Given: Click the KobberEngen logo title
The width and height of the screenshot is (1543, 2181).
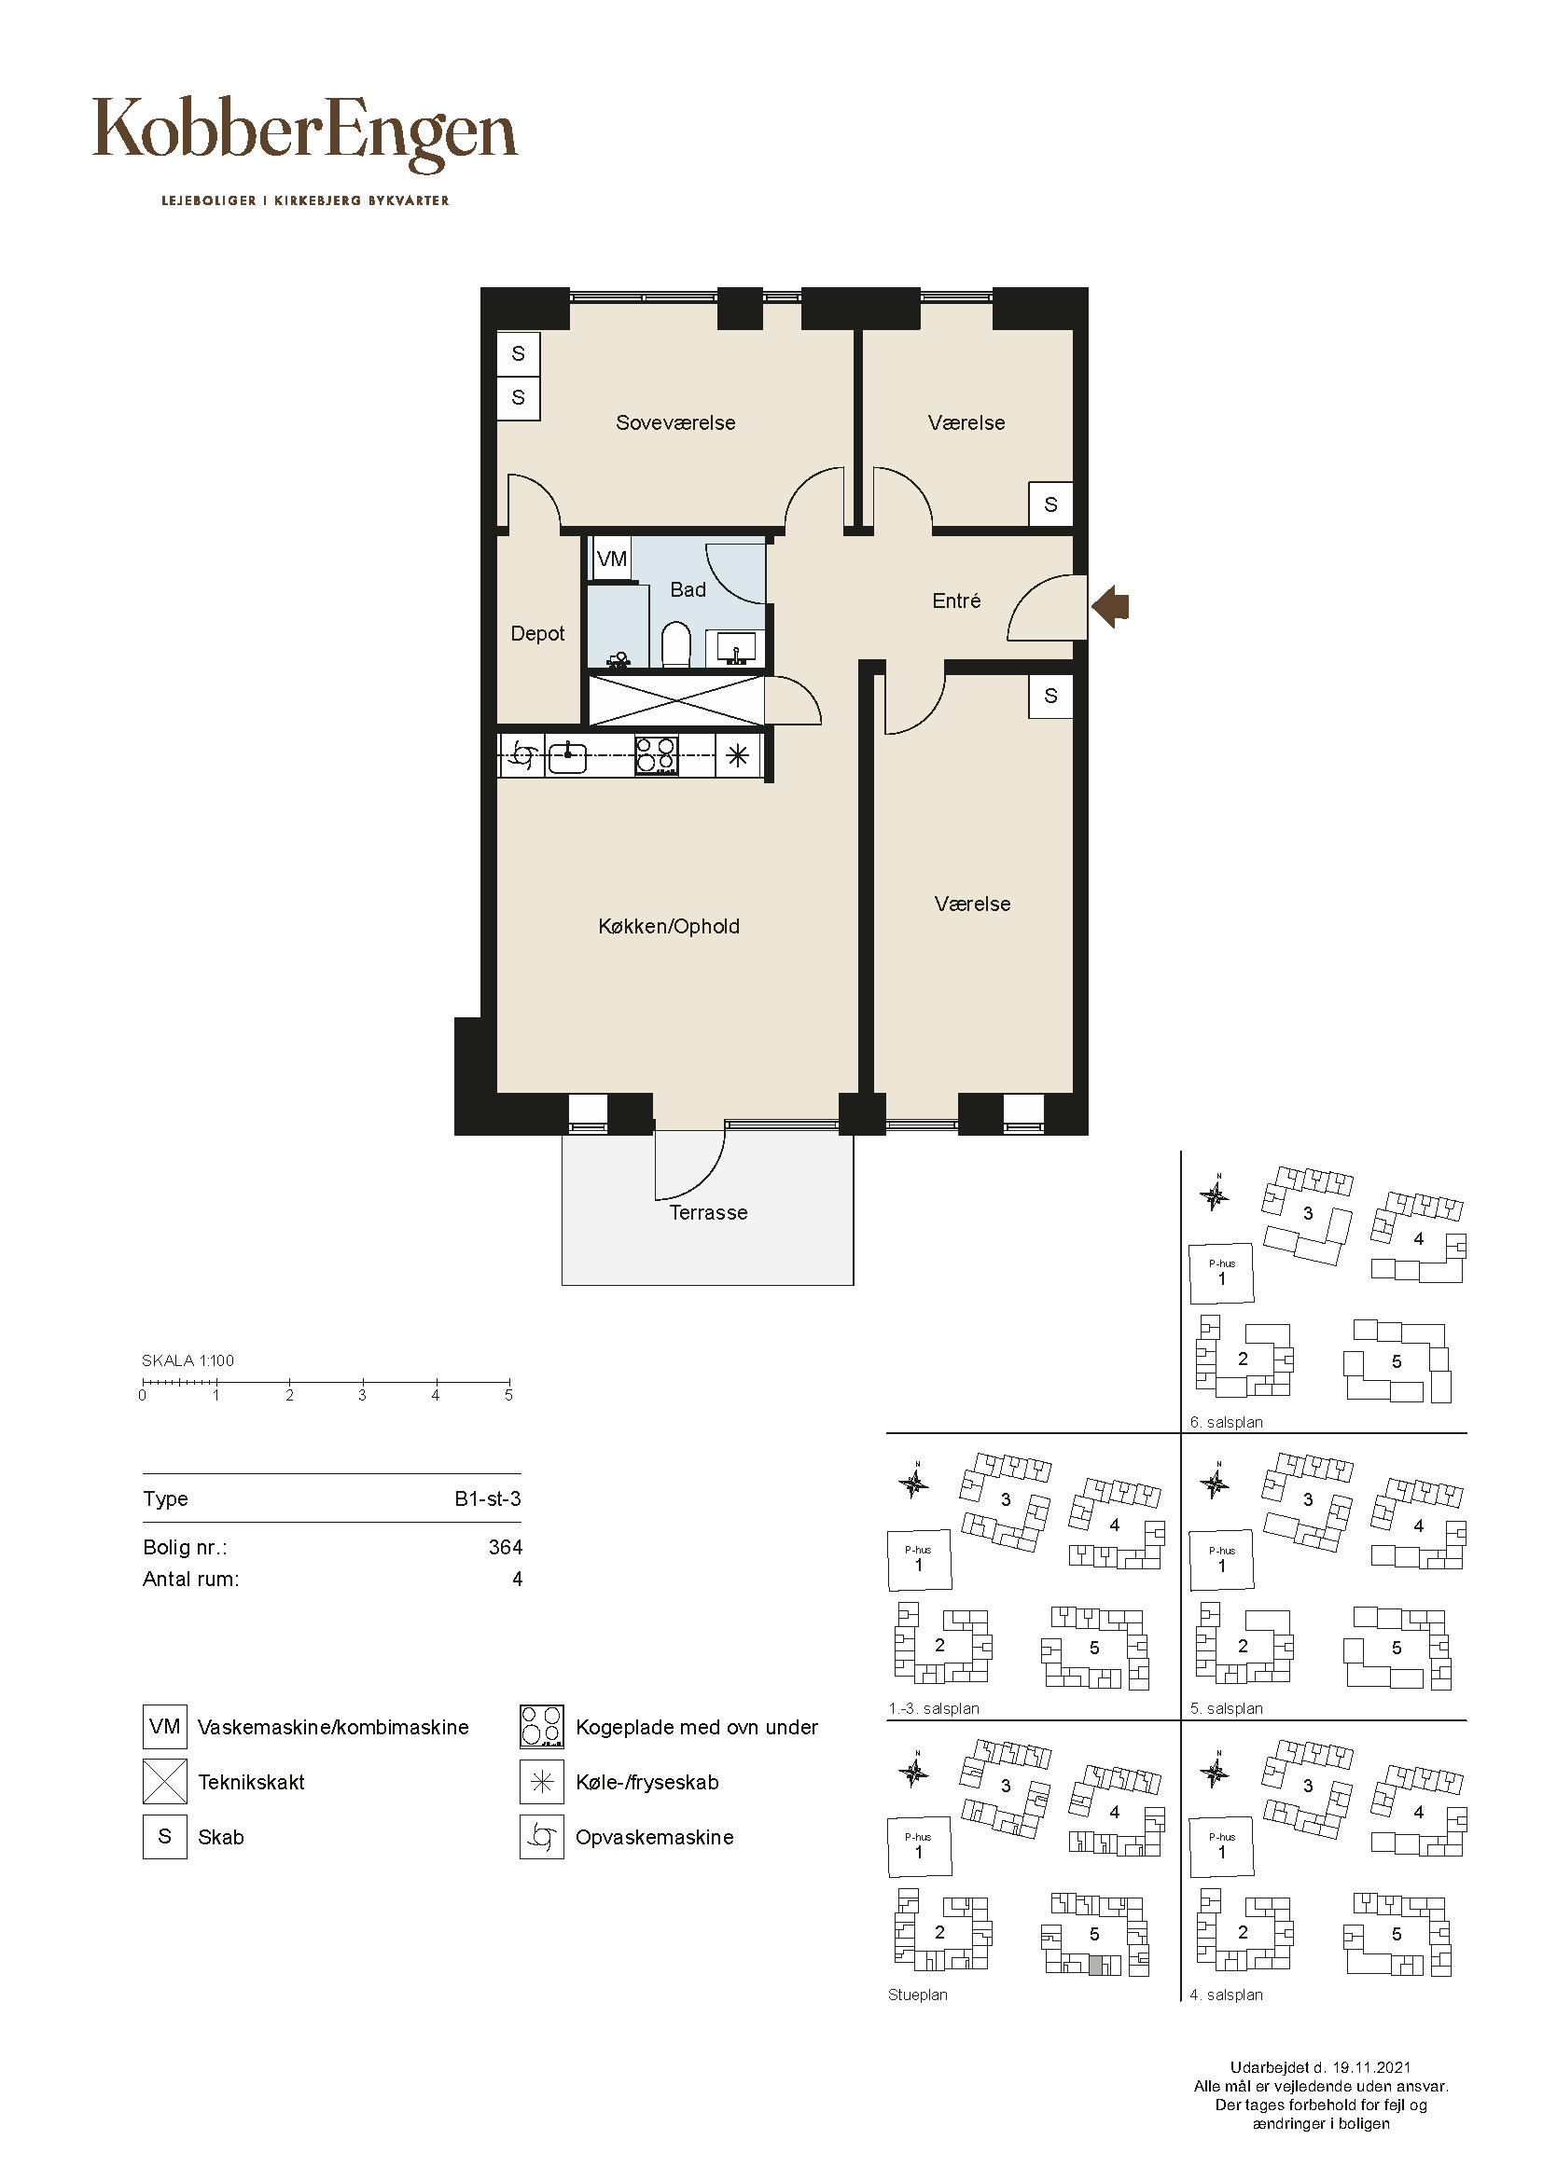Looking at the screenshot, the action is click(x=305, y=134).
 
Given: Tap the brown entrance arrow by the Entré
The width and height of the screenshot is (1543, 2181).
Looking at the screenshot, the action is click(x=1110, y=605).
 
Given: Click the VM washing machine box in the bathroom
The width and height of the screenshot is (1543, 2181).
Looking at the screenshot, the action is click(x=612, y=559).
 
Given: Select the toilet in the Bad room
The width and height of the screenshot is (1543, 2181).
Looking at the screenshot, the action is click(x=675, y=645).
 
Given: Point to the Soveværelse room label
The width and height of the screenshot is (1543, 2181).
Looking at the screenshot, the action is click(x=675, y=422).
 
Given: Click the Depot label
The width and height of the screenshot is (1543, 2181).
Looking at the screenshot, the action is click(x=537, y=633).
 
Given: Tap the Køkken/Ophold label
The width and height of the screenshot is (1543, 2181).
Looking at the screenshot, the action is click(x=669, y=926).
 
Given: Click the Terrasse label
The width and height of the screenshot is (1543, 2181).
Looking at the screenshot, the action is click(x=709, y=1213).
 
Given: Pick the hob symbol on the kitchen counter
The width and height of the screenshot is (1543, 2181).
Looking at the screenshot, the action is click(x=656, y=756).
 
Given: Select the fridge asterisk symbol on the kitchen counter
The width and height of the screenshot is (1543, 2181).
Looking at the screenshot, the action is click(x=738, y=756).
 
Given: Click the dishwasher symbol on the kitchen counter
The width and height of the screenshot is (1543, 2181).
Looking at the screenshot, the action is click(x=521, y=756).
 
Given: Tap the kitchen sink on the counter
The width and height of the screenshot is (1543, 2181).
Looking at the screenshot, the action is click(x=567, y=757).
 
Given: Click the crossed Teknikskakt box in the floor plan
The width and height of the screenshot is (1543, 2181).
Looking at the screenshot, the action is click(x=676, y=701).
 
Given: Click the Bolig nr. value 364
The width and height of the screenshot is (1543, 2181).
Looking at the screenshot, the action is click(x=506, y=1548).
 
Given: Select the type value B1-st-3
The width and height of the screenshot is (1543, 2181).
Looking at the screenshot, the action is click(x=487, y=1499).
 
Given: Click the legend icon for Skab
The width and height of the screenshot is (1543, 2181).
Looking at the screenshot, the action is click(x=164, y=1837).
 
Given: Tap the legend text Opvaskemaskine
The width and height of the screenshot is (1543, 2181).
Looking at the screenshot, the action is click(x=655, y=1838).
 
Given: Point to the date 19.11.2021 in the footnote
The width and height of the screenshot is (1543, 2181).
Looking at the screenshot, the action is click(x=1371, y=2068).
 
